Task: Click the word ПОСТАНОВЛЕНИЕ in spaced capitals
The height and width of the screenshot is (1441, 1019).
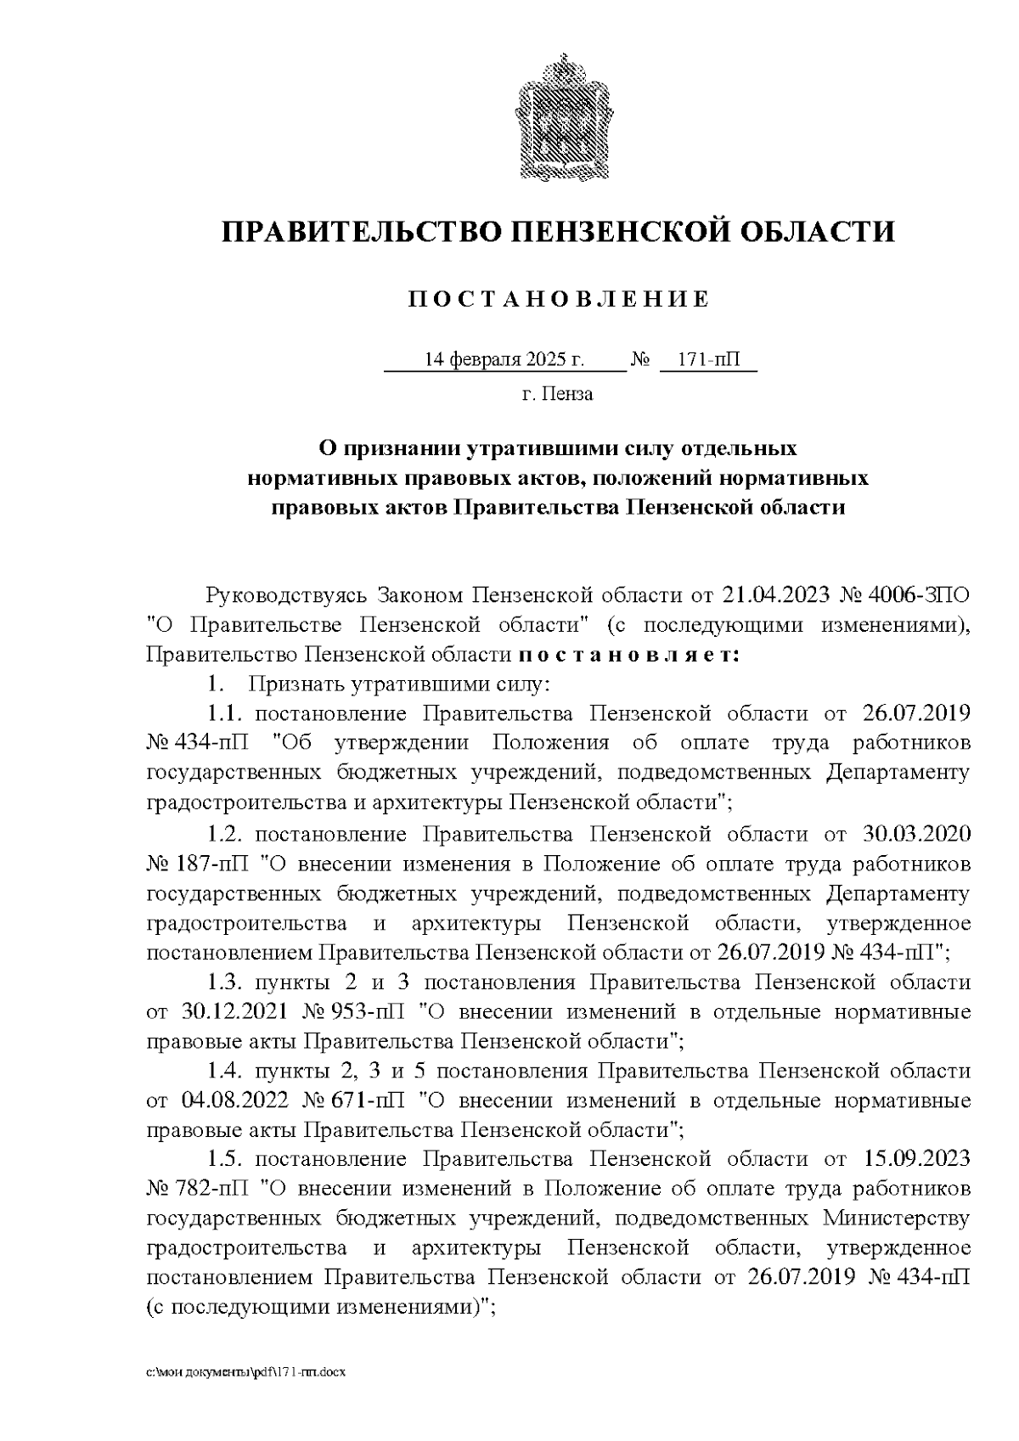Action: click(558, 300)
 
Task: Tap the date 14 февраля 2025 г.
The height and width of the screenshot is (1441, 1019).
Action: click(504, 360)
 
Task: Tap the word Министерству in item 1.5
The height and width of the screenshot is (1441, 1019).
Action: click(896, 1219)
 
